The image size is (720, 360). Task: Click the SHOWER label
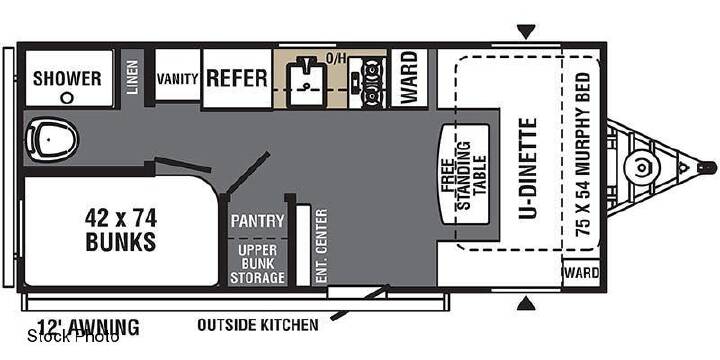[x=67, y=79]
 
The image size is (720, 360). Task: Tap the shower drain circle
[x=68, y=97]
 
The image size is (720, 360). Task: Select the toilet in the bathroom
[x=51, y=138]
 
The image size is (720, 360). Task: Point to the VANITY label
[x=178, y=79]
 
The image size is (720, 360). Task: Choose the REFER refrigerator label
[x=236, y=78]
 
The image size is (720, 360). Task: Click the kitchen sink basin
[x=305, y=83]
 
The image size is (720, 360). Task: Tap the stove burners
[x=372, y=83]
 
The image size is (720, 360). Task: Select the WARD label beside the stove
[x=408, y=77]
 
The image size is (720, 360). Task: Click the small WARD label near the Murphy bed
[x=582, y=273]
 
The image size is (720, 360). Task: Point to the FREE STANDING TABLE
[x=464, y=175]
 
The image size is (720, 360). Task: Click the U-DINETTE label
[x=528, y=169]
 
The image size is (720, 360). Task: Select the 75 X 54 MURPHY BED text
[x=583, y=154]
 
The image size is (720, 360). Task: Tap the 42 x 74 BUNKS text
[x=121, y=230]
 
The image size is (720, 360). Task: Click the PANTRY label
[x=258, y=221]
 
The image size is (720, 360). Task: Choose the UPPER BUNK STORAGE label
[x=258, y=264]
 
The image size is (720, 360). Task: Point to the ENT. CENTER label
[x=322, y=246]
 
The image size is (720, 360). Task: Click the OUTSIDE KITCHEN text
[x=258, y=325]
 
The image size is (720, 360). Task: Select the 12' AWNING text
[x=88, y=327]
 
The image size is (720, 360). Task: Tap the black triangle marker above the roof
[x=526, y=32]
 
